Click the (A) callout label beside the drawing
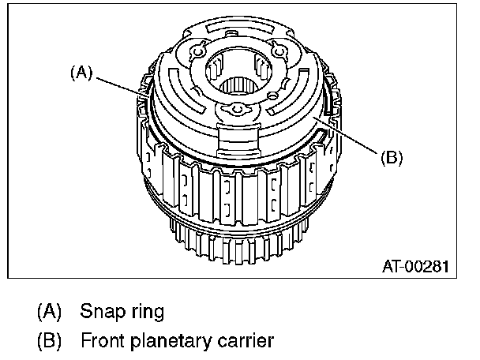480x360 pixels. coord(81,73)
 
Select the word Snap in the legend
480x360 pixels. coord(100,311)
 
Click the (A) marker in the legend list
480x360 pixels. coord(50,311)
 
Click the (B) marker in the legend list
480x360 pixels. coord(50,341)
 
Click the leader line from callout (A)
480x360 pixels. coord(118,86)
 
